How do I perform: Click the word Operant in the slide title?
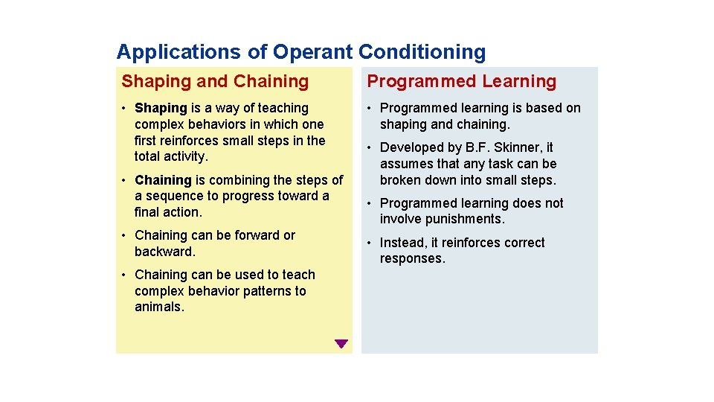click(312, 52)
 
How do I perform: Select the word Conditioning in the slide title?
click(422, 52)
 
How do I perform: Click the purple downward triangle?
click(341, 344)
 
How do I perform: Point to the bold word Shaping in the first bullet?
click(161, 108)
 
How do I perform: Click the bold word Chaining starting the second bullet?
click(163, 180)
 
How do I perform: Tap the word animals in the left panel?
click(158, 307)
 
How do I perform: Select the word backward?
click(165, 252)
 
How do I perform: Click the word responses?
click(412, 259)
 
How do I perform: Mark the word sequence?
click(175, 196)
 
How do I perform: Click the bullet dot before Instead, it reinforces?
click(369, 243)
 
